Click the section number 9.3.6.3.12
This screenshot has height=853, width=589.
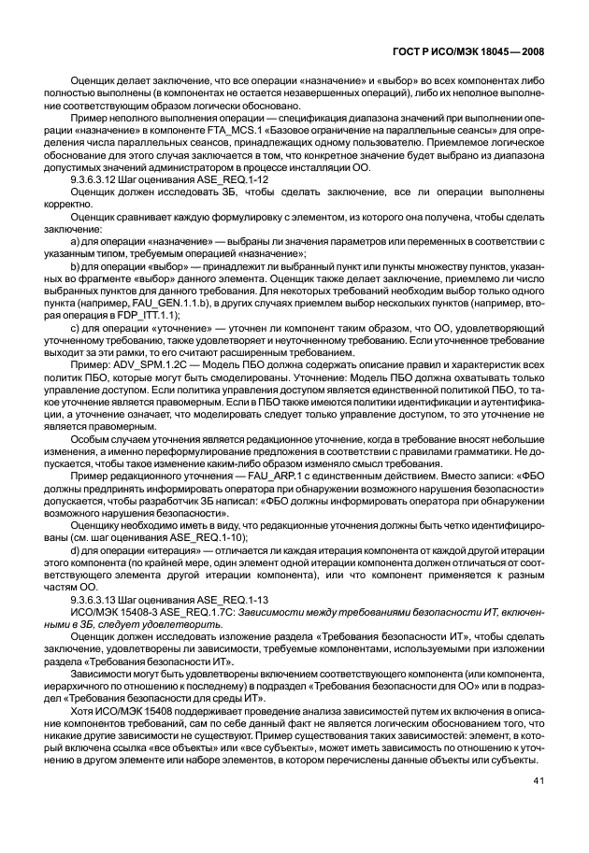tap(103, 179)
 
